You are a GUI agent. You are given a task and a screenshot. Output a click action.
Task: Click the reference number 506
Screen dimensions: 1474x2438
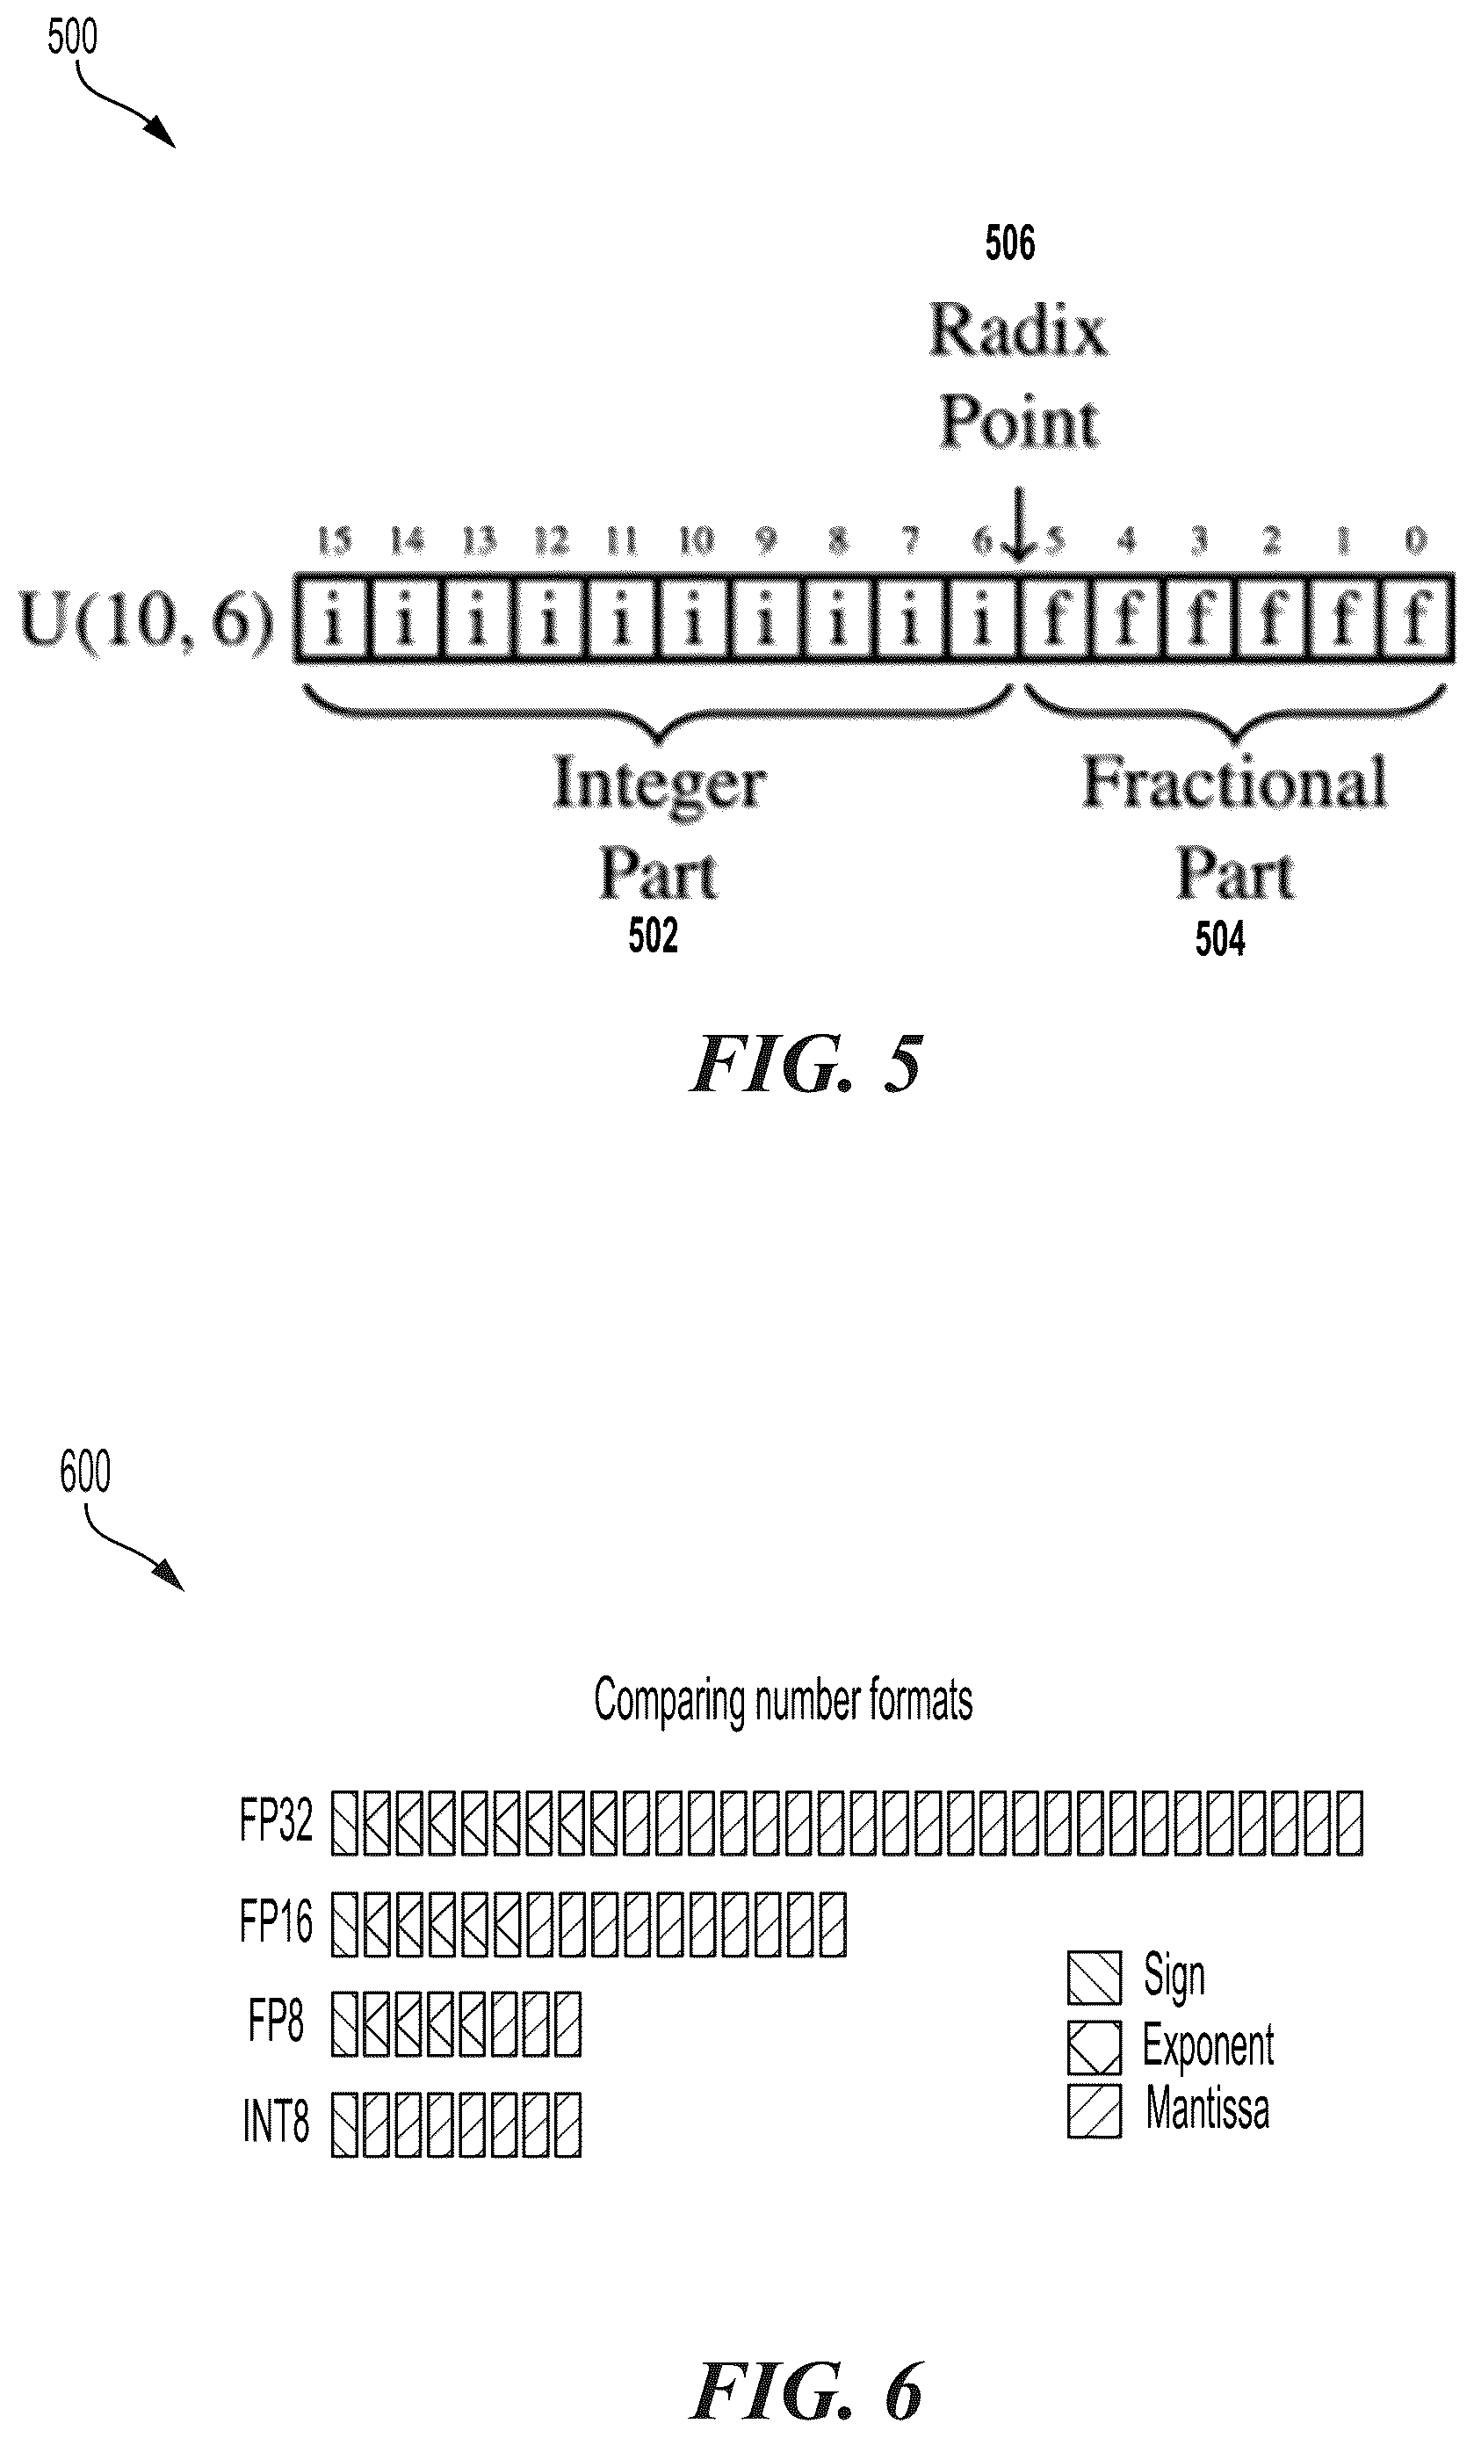click(x=1009, y=242)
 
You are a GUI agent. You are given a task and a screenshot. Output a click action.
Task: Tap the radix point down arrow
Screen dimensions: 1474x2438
click(x=1018, y=524)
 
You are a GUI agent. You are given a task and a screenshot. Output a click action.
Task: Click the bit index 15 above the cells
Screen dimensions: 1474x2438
click(x=335, y=540)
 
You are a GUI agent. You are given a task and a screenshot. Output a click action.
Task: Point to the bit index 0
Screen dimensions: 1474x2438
click(x=1416, y=540)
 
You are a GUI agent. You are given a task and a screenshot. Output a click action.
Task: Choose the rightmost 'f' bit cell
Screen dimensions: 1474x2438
click(x=1417, y=619)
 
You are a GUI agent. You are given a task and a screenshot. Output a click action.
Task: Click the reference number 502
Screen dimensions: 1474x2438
click(x=653, y=935)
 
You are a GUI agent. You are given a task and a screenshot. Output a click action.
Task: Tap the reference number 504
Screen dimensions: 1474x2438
click(x=1220, y=938)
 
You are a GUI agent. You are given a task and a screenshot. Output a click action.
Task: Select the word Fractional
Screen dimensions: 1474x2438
click(x=1233, y=782)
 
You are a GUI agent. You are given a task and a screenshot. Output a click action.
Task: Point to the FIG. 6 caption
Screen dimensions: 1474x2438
click(x=806, y=2390)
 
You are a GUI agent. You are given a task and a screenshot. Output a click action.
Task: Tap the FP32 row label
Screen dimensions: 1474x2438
click(x=276, y=1819)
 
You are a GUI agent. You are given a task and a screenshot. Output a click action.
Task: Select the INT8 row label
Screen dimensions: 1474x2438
click(x=276, y=2123)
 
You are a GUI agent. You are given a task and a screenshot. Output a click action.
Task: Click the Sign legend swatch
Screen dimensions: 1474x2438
click(x=1095, y=1977)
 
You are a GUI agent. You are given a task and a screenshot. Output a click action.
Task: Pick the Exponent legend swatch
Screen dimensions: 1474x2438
click(x=1095, y=2046)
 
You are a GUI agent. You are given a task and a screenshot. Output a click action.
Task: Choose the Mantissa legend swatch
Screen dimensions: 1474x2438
click(x=1095, y=2110)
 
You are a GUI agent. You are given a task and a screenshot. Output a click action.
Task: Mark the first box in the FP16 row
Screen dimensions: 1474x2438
click(x=343, y=1923)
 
